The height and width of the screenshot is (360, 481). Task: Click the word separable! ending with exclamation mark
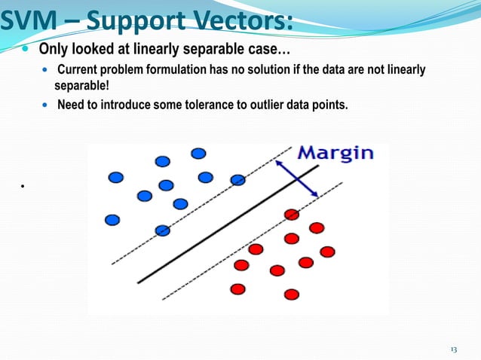[81, 85]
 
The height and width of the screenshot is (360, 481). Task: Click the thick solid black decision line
[226, 226]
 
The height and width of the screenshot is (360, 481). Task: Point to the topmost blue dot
[198, 153]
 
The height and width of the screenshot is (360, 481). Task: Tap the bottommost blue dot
[162, 230]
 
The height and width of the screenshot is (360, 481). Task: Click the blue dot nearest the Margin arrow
[237, 179]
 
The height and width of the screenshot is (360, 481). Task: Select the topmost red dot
[292, 215]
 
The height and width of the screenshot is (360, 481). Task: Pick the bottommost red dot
[292, 294]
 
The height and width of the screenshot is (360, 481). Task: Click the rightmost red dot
[327, 252]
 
